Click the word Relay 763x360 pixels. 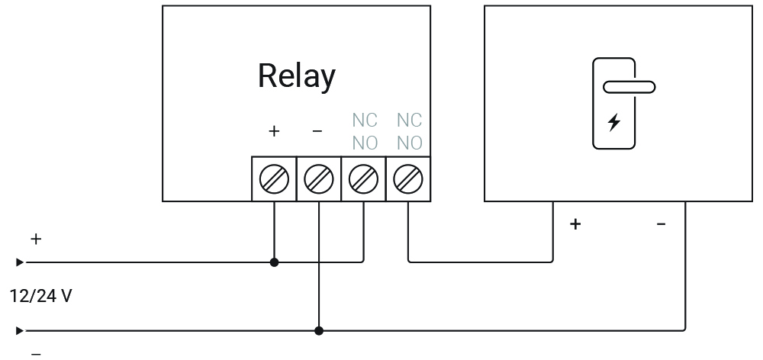(296, 76)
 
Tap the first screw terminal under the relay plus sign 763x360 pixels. (274, 179)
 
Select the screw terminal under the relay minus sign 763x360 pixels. (318, 179)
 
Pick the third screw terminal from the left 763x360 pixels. (363, 179)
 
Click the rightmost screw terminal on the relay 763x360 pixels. (408, 179)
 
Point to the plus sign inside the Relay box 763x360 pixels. (274, 131)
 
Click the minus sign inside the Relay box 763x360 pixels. (318, 131)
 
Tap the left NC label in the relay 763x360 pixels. (364, 121)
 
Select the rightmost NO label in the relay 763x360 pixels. (409, 142)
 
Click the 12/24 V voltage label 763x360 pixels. (40, 296)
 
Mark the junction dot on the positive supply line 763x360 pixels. (274, 262)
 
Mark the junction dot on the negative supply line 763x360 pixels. (319, 331)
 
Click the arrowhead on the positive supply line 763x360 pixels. (20, 262)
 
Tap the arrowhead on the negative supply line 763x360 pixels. (20, 331)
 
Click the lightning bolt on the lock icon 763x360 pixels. (613, 121)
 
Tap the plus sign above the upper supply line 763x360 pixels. (35, 239)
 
